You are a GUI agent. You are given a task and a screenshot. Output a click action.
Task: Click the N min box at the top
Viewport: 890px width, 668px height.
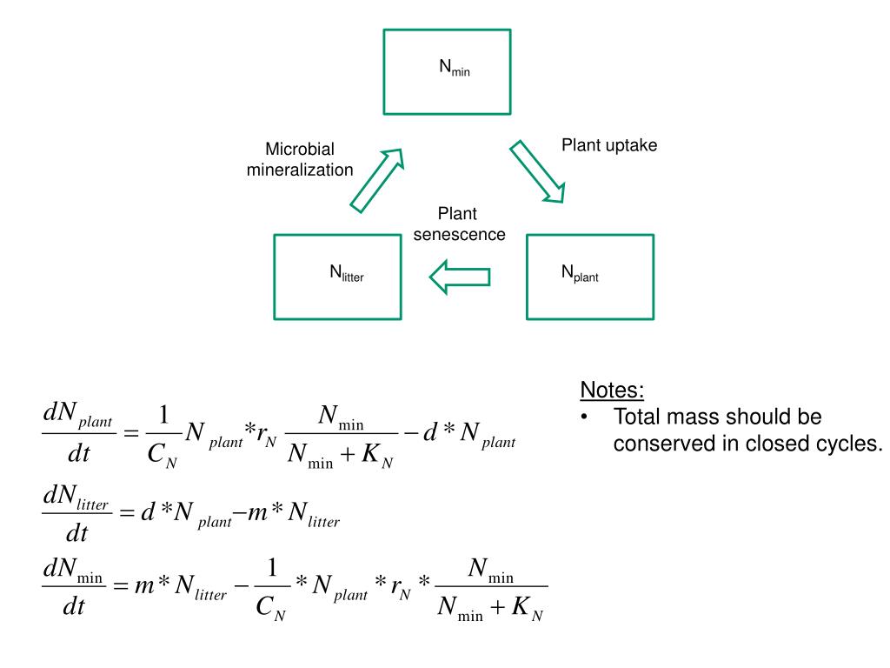coord(447,71)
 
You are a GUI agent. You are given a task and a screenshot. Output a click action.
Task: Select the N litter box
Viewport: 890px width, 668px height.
coord(337,275)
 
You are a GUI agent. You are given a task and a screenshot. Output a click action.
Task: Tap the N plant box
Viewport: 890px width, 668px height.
coord(589,276)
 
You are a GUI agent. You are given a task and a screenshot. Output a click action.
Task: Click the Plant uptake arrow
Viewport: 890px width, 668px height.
coord(537,170)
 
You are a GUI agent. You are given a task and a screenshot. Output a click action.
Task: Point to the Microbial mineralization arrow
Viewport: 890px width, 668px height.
coord(377,179)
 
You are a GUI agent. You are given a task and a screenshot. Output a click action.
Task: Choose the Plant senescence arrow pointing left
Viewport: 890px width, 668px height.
coord(460,277)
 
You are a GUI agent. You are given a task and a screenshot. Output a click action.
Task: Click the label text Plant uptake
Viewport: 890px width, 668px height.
coord(608,145)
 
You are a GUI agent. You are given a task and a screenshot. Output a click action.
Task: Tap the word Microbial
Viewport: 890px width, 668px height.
coord(300,150)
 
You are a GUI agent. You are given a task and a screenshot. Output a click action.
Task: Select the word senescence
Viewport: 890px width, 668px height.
coord(459,234)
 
